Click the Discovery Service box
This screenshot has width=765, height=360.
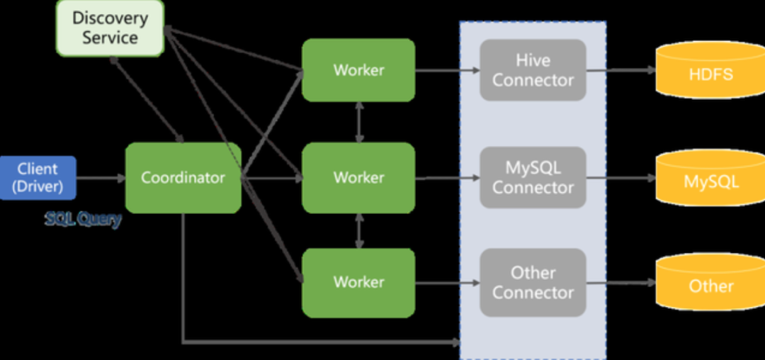pyautogui.click(x=110, y=28)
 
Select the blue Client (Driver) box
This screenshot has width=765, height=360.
pyautogui.click(x=38, y=177)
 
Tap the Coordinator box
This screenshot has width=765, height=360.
pyautogui.click(x=183, y=177)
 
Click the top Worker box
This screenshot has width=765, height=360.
pyautogui.click(x=358, y=70)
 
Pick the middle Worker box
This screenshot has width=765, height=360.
pyautogui.click(x=358, y=177)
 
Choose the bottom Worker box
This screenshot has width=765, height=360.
pyautogui.click(x=358, y=282)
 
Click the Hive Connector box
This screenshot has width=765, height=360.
pyautogui.click(x=533, y=70)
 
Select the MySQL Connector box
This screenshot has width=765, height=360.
pyautogui.click(x=533, y=177)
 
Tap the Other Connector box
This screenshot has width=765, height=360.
pyautogui.click(x=533, y=282)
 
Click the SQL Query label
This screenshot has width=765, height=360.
pyautogui.click(x=83, y=219)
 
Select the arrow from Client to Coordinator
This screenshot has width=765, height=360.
pyautogui.click(x=101, y=177)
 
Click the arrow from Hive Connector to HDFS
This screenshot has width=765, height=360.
pyautogui.click(x=621, y=70)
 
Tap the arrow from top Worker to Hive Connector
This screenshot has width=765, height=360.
pyautogui.click(x=448, y=70)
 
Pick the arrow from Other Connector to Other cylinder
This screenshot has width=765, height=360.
pyautogui.click(x=621, y=282)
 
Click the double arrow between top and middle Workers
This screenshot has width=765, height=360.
pyautogui.click(x=360, y=122)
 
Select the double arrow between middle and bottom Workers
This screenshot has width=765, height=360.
pyautogui.click(x=360, y=230)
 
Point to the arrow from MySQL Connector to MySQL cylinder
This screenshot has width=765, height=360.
pyautogui.click(x=621, y=177)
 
